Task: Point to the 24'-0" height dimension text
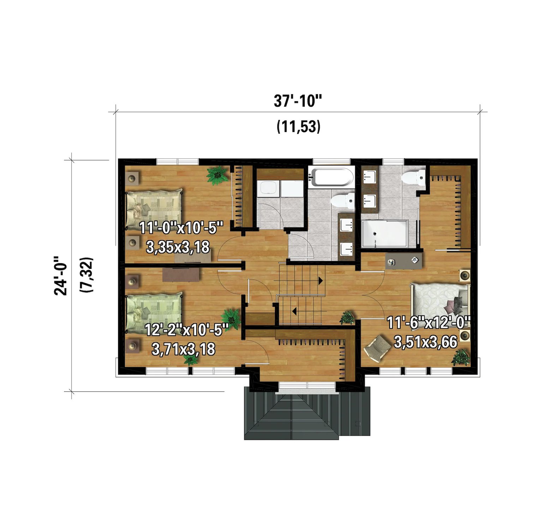coord(61,276)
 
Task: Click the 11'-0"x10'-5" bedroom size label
coord(181,228)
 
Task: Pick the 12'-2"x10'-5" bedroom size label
coord(186,330)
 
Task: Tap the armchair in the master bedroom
coord(377,348)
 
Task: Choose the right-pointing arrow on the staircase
coord(320,281)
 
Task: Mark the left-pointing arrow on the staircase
coord(294,311)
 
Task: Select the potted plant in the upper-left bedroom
coord(217,175)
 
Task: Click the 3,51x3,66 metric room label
coord(426,342)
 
